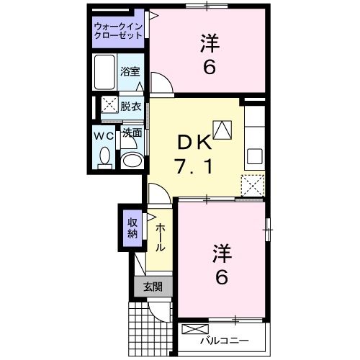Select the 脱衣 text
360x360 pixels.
tap(130, 105)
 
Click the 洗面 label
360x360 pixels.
tap(130, 133)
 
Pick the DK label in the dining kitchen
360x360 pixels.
tap(193, 142)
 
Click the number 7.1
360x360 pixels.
tap(193, 168)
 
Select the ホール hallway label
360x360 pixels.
tap(158, 235)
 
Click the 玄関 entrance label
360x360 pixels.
tap(152, 287)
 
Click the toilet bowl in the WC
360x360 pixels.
tap(104, 156)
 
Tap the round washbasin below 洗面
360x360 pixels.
tap(130, 161)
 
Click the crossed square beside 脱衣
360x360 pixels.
tap(109, 105)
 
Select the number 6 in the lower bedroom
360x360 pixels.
tap(222, 276)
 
